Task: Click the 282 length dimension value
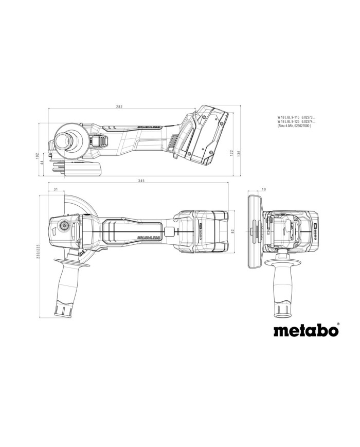119,106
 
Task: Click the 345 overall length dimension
141,181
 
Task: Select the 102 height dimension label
38,156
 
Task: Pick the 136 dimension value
240,153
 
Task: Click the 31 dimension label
55,190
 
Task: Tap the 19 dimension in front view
264,190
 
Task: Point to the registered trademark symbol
337,324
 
